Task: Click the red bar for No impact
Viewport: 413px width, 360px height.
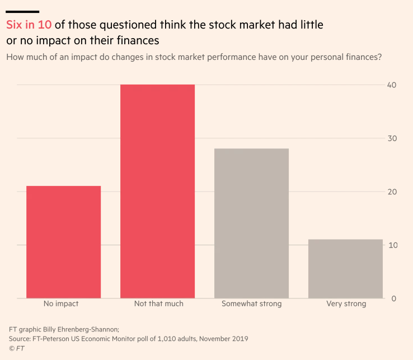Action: tap(63, 242)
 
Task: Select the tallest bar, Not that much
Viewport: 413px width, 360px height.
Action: tap(157, 191)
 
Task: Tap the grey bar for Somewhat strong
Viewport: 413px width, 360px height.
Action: tap(251, 223)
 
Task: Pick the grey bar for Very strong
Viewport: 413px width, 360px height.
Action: tap(345, 269)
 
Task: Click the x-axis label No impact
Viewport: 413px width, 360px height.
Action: tap(61, 304)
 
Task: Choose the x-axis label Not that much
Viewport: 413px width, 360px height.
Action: tap(158, 304)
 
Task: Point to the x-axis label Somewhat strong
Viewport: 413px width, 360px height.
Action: tap(251, 304)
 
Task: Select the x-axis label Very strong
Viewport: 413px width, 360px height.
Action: tap(346, 304)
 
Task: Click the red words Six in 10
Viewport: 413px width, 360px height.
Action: tap(29, 25)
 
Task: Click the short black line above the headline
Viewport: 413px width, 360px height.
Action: tap(22, 11)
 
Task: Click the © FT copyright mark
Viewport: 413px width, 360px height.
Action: tap(16, 348)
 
